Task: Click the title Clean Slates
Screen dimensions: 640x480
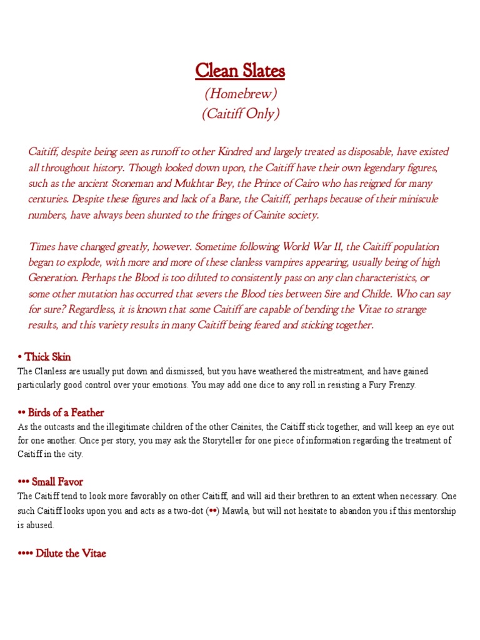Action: point(240,71)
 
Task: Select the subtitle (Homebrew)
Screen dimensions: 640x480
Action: point(240,94)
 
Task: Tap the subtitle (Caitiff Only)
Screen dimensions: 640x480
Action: point(240,114)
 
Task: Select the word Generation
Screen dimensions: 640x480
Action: point(53,277)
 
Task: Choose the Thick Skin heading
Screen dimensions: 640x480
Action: point(44,357)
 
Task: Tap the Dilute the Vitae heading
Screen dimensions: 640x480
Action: point(62,553)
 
